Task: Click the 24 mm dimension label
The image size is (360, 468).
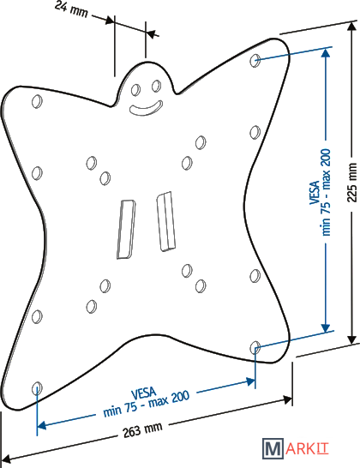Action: [72, 9]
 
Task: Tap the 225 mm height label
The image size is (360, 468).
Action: [352, 183]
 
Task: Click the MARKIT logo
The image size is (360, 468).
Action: [296, 448]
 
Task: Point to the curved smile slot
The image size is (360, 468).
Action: [146, 109]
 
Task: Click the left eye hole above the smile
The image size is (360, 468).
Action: [135, 89]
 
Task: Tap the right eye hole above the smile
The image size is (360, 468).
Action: [156, 86]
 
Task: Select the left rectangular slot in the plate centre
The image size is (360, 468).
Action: [126, 229]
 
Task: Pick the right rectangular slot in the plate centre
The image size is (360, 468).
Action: [165, 221]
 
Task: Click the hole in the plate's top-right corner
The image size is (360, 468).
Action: [255, 60]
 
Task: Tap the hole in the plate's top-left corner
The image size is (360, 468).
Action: [37, 101]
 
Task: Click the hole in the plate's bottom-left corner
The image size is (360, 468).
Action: [37, 388]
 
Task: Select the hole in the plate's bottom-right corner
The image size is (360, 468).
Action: [255, 347]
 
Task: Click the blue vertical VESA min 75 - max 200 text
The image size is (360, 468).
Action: [321, 192]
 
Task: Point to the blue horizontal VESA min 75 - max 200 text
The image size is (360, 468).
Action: [146, 402]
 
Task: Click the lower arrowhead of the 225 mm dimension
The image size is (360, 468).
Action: [352, 339]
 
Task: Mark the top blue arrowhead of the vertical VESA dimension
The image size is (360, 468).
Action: [326, 52]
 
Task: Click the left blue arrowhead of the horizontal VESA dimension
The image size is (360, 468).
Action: [41, 425]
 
